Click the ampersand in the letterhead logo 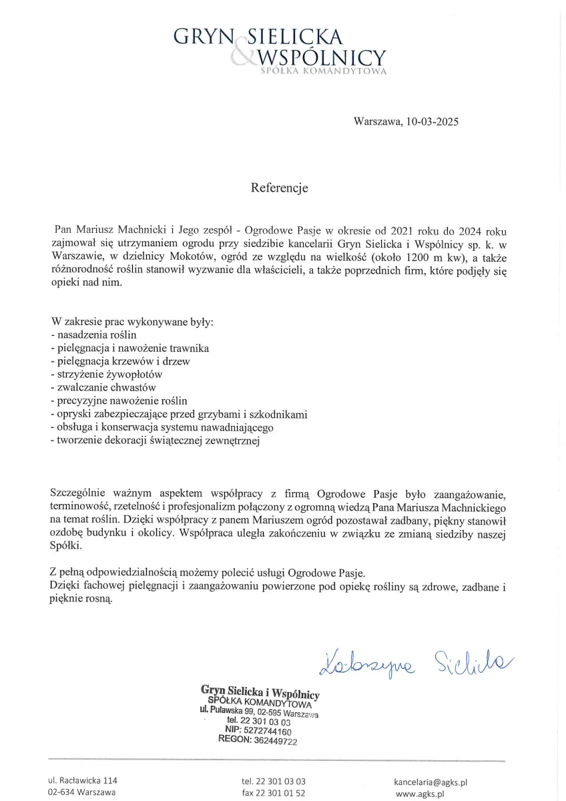click(242, 53)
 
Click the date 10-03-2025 click(431, 121)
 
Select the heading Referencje click(279, 188)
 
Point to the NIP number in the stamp click(271, 731)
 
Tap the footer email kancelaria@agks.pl click(431, 781)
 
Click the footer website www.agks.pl click(420, 794)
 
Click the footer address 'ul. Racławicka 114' click(82, 780)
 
